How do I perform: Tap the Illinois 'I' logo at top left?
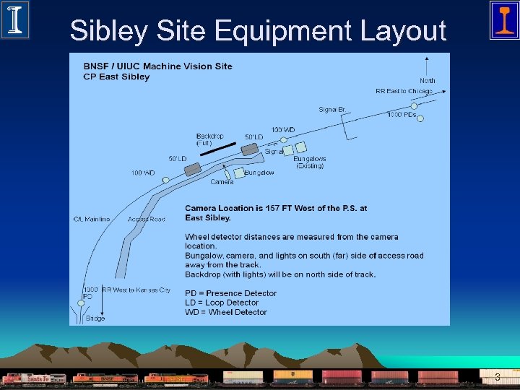tap(14, 19)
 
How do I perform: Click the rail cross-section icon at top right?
tap(503, 19)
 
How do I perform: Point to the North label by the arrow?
tap(428, 81)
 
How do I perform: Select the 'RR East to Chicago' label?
tap(404, 92)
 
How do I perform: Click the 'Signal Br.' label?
tap(332, 110)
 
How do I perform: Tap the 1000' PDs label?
tap(402, 115)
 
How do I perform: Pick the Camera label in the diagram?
tap(222, 182)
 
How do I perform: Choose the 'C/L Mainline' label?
tap(92, 219)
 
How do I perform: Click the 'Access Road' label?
tap(146, 219)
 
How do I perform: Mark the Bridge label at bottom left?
tap(95, 318)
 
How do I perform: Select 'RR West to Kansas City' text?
tap(136, 290)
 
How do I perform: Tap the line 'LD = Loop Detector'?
tap(222, 303)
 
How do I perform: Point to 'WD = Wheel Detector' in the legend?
tap(225, 312)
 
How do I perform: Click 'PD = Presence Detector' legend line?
tap(230, 293)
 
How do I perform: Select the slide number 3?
tap(497, 377)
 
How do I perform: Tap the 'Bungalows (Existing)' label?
tap(310, 162)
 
